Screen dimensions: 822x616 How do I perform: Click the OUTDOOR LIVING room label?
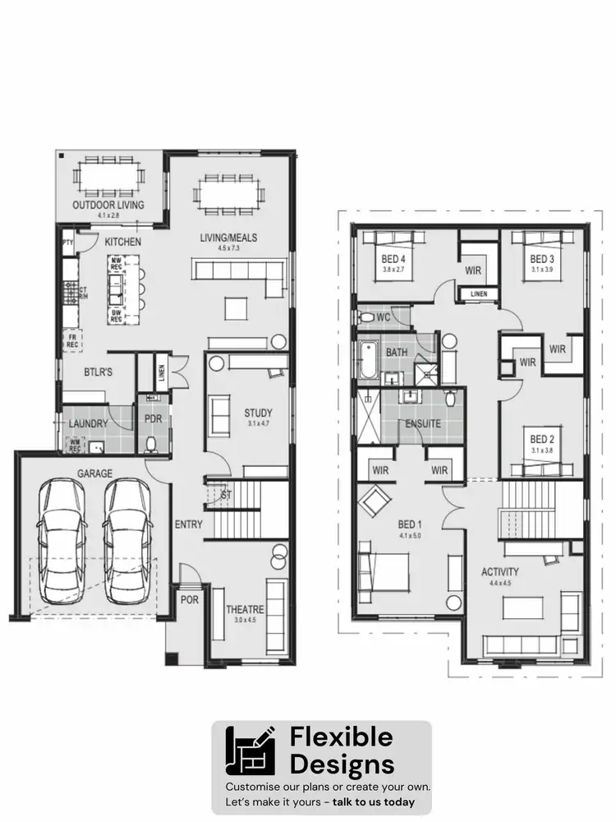[108, 205]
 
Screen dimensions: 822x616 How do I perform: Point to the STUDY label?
[258, 413]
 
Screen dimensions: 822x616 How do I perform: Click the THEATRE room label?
[246, 609]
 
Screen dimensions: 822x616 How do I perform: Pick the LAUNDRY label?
[88, 423]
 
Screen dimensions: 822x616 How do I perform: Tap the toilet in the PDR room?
[150, 444]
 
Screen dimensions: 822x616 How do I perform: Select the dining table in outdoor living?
[108, 175]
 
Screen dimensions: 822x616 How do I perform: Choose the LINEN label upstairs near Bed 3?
[477, 294]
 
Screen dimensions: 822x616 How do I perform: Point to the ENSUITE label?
[423, 423]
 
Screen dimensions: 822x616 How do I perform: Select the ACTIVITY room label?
[499, 571]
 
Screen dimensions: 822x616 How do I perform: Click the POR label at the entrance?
[190, 599]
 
